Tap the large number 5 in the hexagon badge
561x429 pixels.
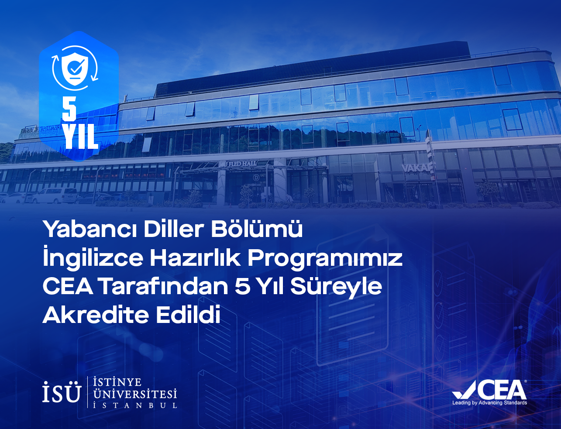[69, 110]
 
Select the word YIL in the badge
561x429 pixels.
[81, 137]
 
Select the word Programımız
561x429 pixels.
[325, 259]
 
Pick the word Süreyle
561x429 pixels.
[336, 287]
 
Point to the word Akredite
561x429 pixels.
[96, 314]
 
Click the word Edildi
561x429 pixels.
[188, 314]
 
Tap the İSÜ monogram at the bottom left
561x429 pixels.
[62, 392]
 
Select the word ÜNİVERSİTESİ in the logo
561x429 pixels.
[135, 394]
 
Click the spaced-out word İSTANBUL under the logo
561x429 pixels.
[135, 405]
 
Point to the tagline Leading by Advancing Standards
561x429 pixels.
[490, 403]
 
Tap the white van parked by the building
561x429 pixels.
[55, 196]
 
